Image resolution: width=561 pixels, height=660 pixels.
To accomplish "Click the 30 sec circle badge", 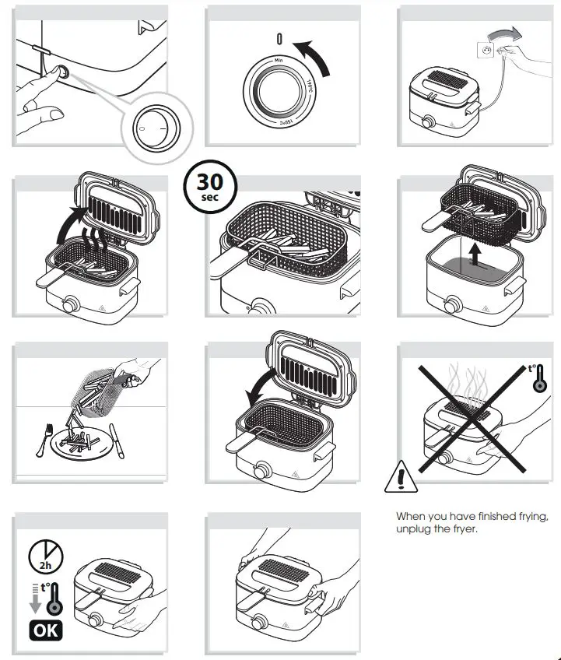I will (x=209, y=185).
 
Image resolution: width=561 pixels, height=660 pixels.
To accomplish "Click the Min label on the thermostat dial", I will (x=279, y=60).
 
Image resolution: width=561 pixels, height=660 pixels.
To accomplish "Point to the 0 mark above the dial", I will (x=279, y=39).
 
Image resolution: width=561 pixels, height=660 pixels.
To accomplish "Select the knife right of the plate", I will (x=117, y=438).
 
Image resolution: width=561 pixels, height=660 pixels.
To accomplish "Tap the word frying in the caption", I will (x=530, y=516).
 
